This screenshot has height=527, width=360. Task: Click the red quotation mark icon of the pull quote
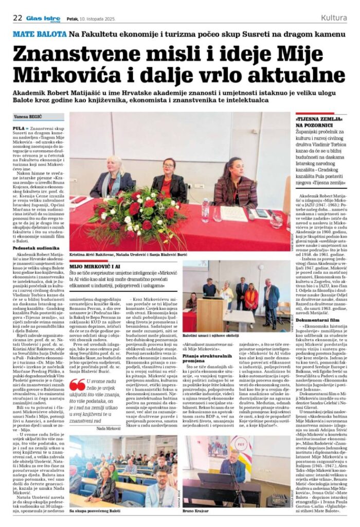tap(78, 385)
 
